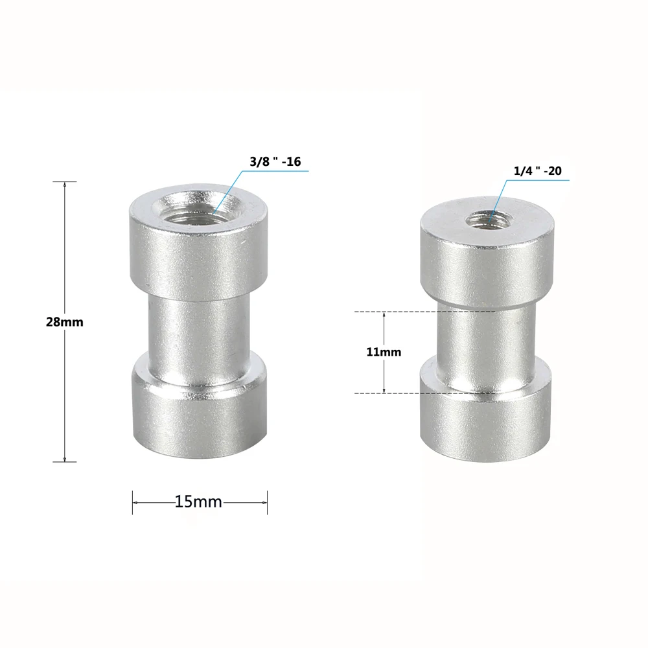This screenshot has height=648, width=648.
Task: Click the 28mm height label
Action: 65,322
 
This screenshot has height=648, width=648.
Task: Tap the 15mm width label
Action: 198,502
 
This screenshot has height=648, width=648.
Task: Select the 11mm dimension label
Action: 384,353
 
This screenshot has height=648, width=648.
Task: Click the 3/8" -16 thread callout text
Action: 275,162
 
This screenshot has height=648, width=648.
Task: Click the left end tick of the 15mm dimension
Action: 133,502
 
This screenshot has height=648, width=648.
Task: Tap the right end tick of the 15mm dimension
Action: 267,502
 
